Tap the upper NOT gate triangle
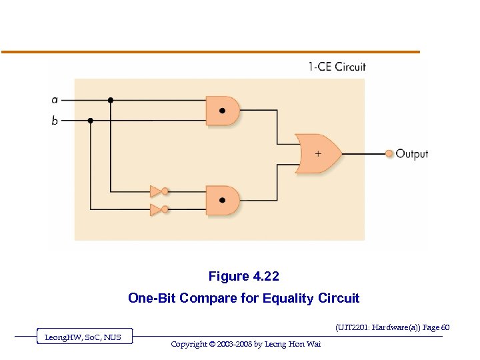tap(156, 191)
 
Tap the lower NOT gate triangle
tap(156, 210)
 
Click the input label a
tap(55, 100)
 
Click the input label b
tap(55, 121)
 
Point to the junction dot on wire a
tap(111, 100)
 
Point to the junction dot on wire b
tap(91, 121)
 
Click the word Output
tap(412, 154)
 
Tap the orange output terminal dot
tap(389, 154)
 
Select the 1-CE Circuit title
tap(337, 67)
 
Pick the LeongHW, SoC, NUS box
tap(83, 337)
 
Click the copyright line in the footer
tap(245, 344)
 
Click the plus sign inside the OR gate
tap(317, 153)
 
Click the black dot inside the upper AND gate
tap(221, 111)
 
